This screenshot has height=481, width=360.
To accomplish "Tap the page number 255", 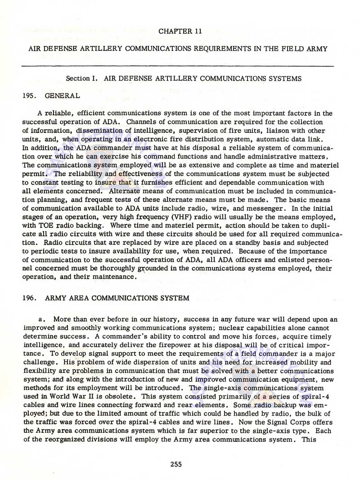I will pyautogui.click(x=176, y=464).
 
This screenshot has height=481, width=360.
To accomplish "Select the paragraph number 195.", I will pyautogui.click(x=28, y=95).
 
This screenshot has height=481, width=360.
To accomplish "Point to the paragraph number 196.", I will pyautogui.click(x=28, y=298).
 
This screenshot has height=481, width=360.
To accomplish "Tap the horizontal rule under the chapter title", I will pyautogui.click(x=178, y=66).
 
